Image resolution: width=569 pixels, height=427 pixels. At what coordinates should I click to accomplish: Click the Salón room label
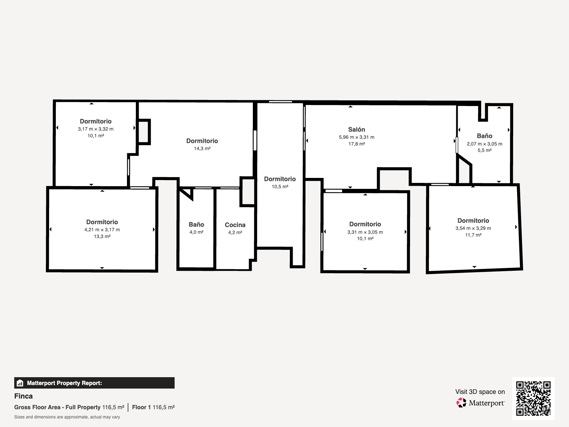point(356,130)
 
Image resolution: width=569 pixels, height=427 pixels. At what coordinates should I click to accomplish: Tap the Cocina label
point(235,225)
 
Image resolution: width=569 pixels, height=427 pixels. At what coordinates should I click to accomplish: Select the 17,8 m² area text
point(357,144)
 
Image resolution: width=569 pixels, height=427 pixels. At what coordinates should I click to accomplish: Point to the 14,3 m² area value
point(202,148)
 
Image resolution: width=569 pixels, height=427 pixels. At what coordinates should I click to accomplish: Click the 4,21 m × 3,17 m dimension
point(102,230)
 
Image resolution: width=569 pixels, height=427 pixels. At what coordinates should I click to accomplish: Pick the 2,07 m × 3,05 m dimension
point(484,144)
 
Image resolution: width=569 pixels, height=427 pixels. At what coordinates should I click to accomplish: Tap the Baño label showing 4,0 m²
point(196,225)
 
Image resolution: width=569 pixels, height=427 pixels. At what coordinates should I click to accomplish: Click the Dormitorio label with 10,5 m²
point(280,179)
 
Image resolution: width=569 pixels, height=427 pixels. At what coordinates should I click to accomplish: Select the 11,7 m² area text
point(473,235)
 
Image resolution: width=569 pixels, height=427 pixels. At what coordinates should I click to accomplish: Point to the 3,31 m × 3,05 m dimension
point(365,232)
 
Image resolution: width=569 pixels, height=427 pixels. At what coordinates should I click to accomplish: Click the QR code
point(533,398)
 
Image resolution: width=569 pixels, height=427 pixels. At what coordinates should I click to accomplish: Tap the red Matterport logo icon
point(461,403)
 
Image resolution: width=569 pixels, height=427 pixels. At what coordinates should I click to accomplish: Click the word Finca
point(23,396)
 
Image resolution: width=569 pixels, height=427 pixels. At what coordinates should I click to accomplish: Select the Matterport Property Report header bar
point(94,383)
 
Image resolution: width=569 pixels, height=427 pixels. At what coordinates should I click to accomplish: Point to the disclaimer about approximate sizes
point(67,417)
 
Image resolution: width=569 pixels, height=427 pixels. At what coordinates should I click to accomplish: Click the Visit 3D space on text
point(480,392)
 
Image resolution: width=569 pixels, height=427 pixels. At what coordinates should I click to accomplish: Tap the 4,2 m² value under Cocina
point(235,233)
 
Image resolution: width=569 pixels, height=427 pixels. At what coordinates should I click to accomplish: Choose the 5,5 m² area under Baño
point(484,151)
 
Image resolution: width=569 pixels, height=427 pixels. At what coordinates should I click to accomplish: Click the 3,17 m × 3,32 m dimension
point(96,129)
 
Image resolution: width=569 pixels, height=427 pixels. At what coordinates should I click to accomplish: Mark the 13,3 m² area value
point(102,236)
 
